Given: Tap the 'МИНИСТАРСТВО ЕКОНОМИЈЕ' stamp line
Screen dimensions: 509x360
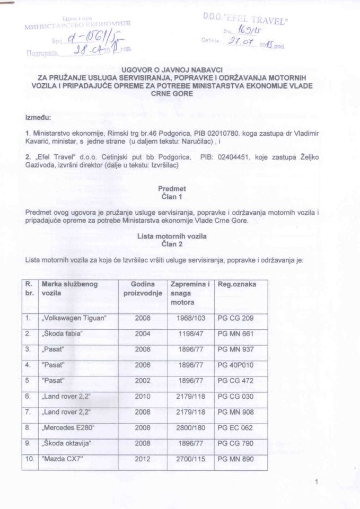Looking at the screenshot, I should tap(77, 24).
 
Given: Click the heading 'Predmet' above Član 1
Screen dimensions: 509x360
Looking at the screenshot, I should tap(173, 188).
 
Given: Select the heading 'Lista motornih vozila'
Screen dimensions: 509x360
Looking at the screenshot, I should tap(172, 235).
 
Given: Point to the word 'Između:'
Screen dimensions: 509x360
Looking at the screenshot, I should tap(38, 116).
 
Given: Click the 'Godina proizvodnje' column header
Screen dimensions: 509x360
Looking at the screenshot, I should tap(143, 289).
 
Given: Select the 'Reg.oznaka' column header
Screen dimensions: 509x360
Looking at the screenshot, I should tap(237, 285).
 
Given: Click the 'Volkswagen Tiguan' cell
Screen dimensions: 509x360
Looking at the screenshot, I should tap(74, 318).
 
